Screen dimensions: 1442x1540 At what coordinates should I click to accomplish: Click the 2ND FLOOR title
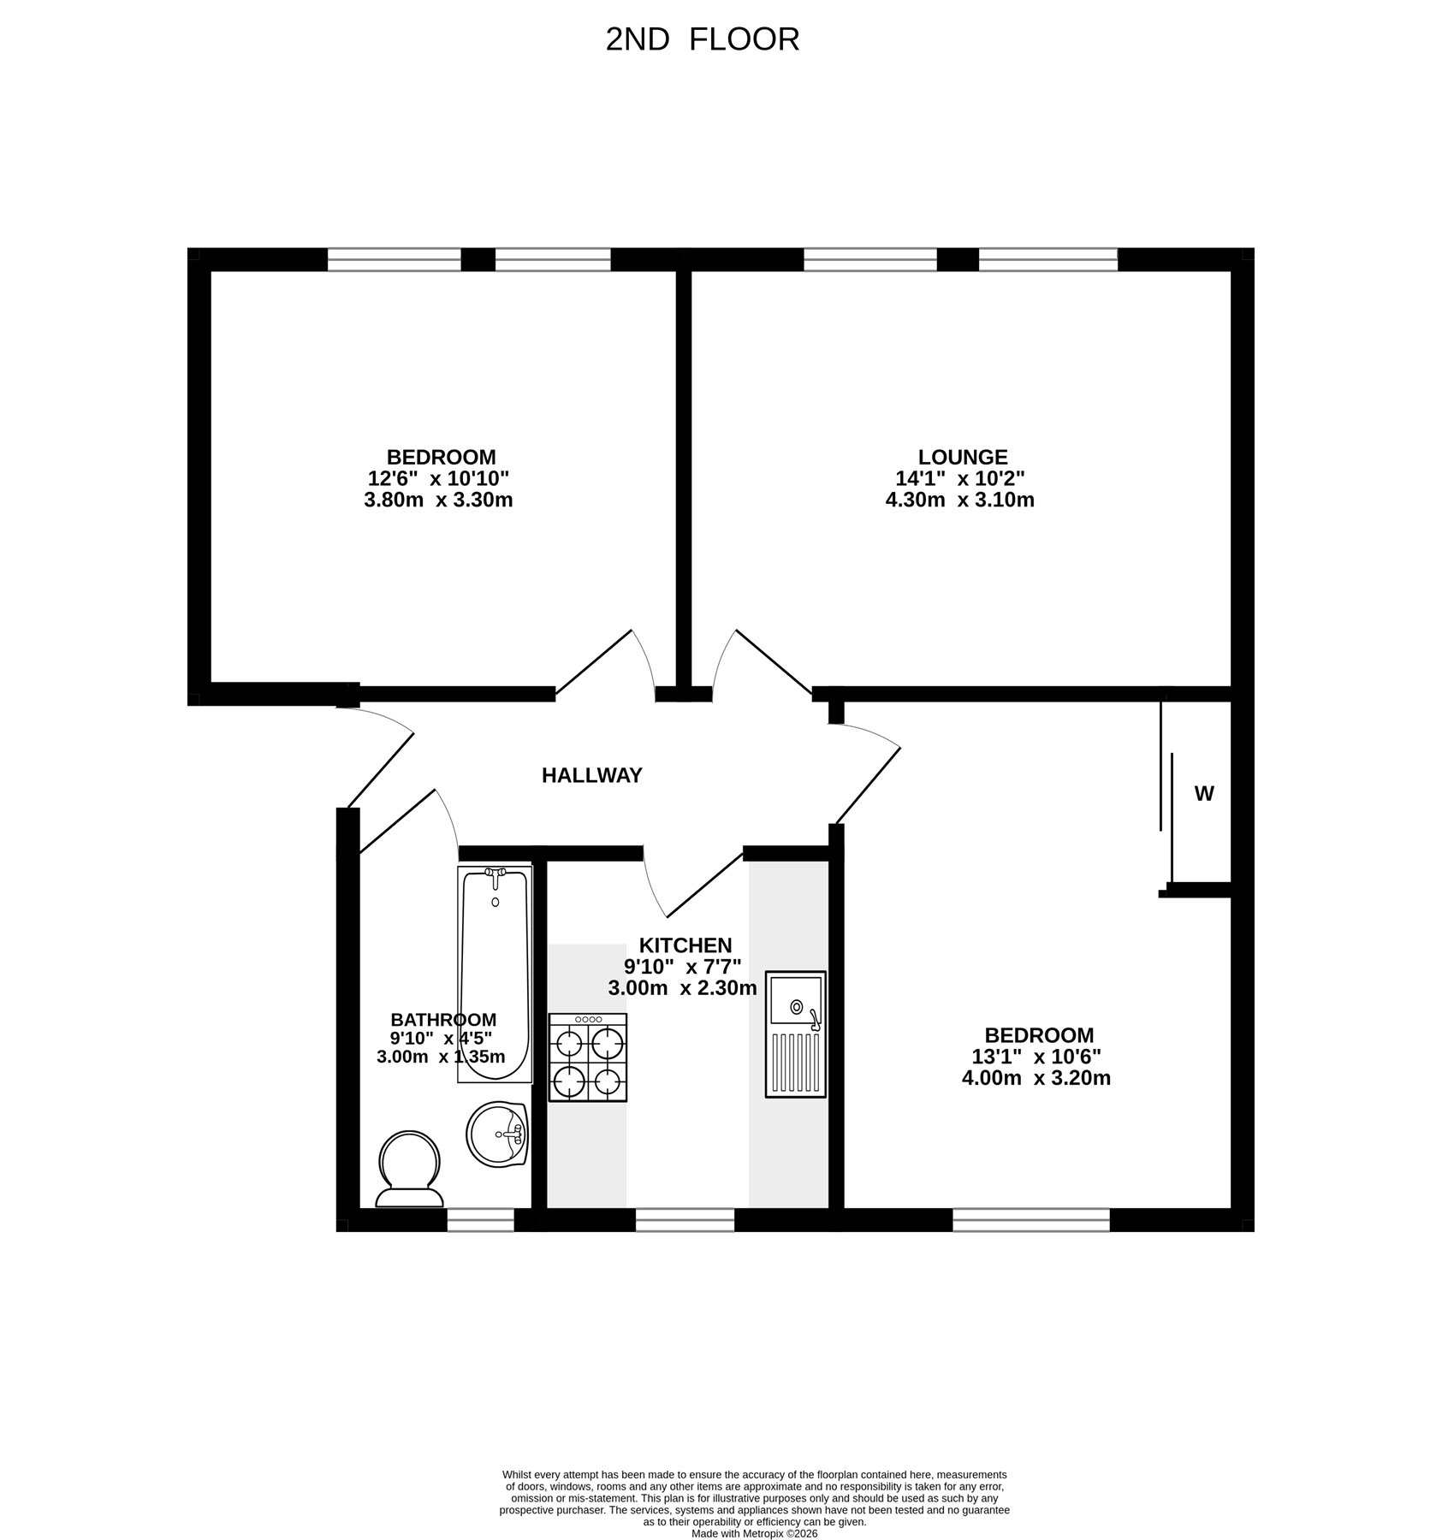coord(702,39)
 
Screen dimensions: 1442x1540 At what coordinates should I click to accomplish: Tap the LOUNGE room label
coord(963,457)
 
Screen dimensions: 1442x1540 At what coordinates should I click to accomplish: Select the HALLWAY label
coord(591,775)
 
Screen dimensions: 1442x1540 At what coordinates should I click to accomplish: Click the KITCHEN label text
coord(685,945)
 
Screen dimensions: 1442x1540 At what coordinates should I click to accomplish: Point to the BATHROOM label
coord(443,1019)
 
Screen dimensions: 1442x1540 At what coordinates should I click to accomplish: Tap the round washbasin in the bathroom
coord(497,1134)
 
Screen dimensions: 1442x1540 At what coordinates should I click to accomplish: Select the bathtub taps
coord(496,874)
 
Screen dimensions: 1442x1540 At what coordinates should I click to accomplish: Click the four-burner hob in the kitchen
coord(587,1057)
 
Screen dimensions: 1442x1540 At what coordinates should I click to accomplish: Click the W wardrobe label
coord(1204,793)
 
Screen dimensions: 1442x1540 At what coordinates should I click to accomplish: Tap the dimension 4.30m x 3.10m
coord(959,500)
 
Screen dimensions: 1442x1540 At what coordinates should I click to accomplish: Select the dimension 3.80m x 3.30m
coord(438,500)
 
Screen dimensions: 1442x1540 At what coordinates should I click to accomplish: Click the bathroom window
coord(480,1220)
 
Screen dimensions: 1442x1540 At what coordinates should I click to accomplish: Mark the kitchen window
coord(685,1220)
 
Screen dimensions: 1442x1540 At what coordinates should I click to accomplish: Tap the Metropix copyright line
coord(755,1534)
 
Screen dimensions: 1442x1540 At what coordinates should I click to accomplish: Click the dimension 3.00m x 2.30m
coord(682,988)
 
